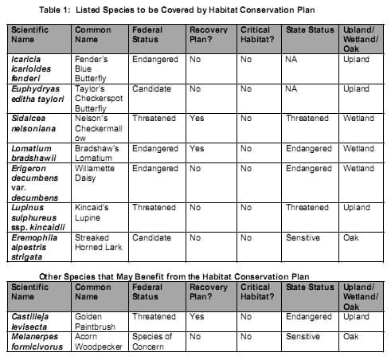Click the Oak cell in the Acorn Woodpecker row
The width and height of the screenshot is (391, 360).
(351, 336)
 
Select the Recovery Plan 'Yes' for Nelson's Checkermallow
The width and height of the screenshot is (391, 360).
(197, 118)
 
